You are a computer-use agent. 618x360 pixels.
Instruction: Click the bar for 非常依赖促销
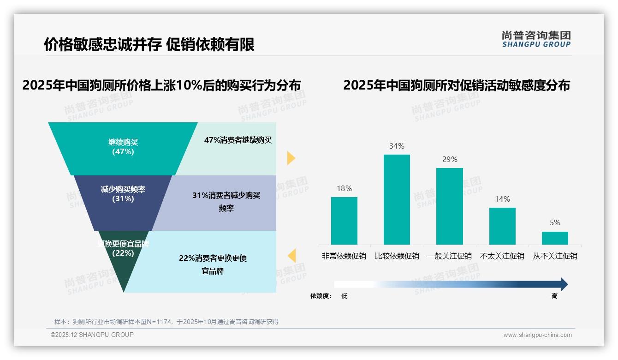[344, 221]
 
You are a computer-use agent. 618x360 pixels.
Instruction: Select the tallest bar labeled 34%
[397, 199]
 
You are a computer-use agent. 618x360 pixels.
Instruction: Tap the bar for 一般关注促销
[449, 206]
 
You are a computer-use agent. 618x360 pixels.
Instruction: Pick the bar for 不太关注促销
[502, 226]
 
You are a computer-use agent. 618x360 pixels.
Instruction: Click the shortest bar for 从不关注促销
[555, 238]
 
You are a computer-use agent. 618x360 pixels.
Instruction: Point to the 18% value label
[344, 188]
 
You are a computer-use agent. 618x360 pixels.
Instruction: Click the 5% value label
[555, 222]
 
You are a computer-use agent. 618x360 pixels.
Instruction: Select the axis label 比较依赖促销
[397, 256]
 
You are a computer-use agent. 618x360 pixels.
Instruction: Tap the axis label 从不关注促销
[555, 256]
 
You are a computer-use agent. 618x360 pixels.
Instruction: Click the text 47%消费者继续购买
[238, 140]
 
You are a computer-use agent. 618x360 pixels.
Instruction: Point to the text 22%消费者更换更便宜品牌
[213, 264]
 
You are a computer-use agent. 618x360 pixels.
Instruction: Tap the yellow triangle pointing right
[291, 158]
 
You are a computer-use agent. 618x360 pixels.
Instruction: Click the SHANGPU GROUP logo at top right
[536, 39]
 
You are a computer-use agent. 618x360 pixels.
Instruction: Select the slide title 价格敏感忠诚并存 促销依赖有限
[149, 44]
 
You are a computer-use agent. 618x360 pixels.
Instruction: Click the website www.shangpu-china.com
[537, 335]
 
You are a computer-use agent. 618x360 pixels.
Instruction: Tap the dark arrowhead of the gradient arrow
[564, 284]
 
